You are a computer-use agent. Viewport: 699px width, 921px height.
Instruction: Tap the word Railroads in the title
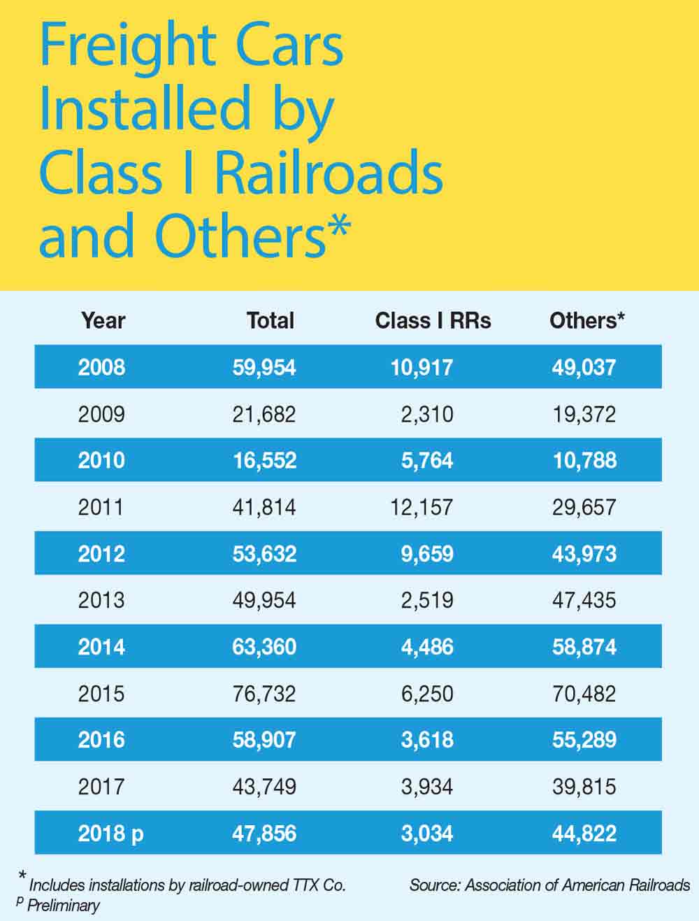(x=329, y=173)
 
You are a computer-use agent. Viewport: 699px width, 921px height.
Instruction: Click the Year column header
(x=103, y=320)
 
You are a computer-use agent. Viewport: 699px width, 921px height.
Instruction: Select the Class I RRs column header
(x=433, y=320)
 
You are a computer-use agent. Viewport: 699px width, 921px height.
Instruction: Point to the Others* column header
(x=586, y=320)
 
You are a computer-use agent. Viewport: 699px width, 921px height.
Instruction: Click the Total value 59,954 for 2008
(x=264, y=367)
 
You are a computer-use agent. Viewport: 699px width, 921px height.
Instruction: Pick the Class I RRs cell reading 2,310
(x=426, y=414)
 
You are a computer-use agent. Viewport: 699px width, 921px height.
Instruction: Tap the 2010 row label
(x=101, y=460)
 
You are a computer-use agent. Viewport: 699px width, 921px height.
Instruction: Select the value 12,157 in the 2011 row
(x=421, y=507)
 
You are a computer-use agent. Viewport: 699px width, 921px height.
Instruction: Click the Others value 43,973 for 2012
(x=584, y=554)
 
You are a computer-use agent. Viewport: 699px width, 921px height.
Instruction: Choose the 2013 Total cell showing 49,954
(x=264, y=600)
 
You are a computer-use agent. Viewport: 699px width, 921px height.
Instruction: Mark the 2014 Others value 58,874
(x=584, y=647)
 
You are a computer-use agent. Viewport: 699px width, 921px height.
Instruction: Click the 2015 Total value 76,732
(x=264, y=694)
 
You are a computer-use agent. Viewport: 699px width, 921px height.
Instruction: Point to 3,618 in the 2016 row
(x=426, y=740)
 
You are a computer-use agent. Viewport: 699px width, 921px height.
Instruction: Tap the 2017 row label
(x=101, y=787)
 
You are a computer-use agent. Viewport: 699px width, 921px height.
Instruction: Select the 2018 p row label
(x=110, y=834)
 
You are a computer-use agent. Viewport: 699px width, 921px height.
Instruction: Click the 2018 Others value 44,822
(x=584, y=834)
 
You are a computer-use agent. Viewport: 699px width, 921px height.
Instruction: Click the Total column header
(x=270, y=320)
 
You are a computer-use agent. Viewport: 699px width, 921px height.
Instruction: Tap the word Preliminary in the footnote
(x=63, y=906)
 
